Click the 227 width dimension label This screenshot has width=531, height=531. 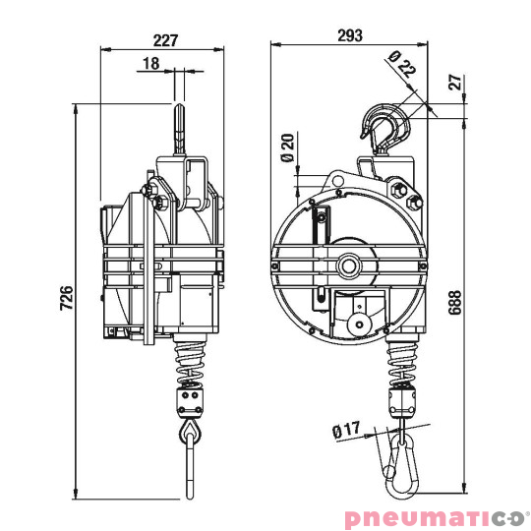(x=164, y=40)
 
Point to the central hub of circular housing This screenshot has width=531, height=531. (x=349, y=265)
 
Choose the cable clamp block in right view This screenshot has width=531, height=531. (x=403, y=399)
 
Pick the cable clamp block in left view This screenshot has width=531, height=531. (x=187, y=400)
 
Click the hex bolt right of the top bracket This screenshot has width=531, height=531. (x=411, y=205)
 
